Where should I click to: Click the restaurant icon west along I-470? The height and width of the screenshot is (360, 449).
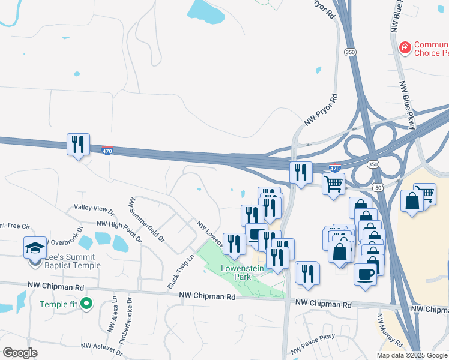78,145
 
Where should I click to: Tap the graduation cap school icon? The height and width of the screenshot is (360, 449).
35,248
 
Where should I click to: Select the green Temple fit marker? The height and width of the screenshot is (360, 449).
86,304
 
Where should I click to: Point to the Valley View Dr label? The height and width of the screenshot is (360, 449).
94,209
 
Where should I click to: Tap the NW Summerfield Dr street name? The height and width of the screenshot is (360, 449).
147,219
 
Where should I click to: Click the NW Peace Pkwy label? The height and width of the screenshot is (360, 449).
313,343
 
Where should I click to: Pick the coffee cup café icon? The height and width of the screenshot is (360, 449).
366,275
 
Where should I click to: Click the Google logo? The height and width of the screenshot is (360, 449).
20,353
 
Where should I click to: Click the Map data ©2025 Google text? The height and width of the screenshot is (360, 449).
411,355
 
